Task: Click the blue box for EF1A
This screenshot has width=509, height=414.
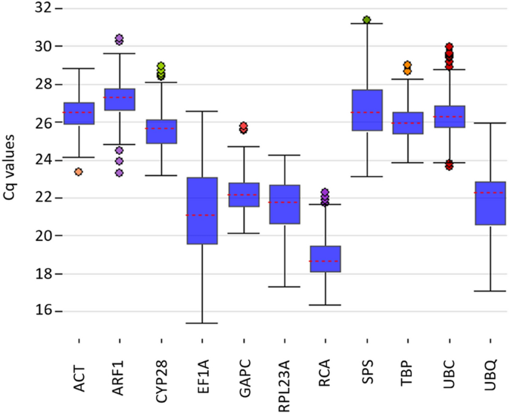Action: (202, 210)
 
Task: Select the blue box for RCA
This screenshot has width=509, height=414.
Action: (325, 259)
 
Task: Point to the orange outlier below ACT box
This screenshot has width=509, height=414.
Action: (78, 172)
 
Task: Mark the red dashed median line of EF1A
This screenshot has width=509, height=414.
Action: (202, 215)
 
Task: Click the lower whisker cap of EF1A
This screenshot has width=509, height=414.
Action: (202, 323)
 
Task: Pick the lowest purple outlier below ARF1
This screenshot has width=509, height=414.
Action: (119, 173)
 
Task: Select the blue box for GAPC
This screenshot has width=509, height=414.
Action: (243, 195)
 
